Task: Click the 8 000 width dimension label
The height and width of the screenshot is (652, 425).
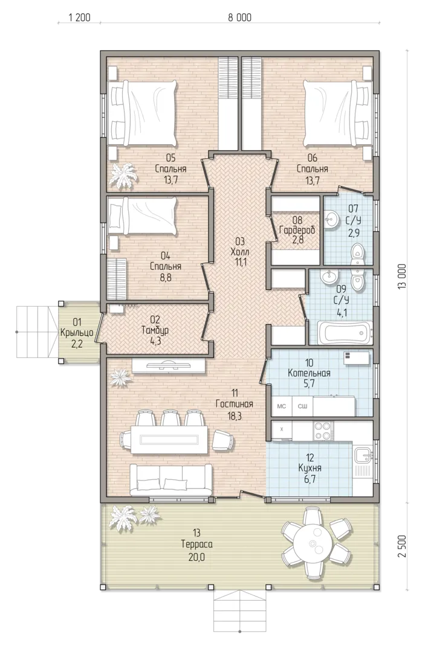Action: click(240, 17)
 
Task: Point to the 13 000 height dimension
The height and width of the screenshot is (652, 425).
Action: click(402, 276)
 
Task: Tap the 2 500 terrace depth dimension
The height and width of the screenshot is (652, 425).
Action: click(402, 546)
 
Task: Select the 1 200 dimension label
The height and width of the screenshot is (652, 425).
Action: click(80, 17)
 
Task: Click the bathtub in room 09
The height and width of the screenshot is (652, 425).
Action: click(345, 333)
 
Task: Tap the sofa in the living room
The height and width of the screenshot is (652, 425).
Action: click(170, 480)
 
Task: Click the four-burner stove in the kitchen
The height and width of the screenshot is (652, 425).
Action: click(323, 431)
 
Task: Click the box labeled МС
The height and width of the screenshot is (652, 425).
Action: click(282, 406)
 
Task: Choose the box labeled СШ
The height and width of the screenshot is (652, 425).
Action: click(303, 406)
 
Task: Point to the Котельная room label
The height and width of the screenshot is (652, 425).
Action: click(310, 373)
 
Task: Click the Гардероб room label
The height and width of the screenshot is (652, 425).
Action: click(297, 230)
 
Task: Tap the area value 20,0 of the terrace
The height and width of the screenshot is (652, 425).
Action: click(196, 557)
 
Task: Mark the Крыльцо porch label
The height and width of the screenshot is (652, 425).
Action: click(77, 333)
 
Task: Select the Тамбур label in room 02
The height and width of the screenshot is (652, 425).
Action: click(155, 330)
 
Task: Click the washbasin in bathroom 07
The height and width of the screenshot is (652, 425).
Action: click(332, 219)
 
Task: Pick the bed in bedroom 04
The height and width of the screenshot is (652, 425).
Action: click(142, 216)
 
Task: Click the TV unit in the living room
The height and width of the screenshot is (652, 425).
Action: click(169, 366)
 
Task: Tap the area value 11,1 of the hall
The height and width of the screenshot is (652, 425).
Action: click(241, 263)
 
